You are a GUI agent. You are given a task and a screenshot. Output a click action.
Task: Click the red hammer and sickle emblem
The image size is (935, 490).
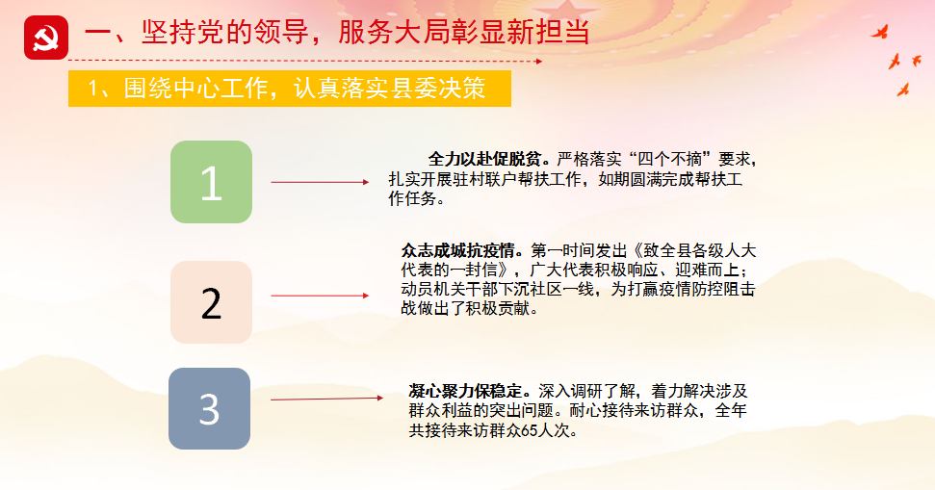[x=46, y=38]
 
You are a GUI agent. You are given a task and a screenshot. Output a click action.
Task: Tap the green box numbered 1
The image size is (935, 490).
[x=211, y=182]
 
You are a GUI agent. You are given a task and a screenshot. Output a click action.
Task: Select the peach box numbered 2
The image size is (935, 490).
[x=211, y=302]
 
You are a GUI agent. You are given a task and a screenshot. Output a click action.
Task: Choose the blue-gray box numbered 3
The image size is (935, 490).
[x=209, y=408]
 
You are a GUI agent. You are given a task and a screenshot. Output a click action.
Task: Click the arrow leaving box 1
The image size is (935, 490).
[x=321, y=182]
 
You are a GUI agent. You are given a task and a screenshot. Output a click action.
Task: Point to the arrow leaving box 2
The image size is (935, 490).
[x=321, y=296]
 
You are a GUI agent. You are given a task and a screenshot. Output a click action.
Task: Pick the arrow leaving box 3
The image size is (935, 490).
[x=326, y=399]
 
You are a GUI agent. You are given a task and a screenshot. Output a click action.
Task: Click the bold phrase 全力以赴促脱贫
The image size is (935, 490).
[x=484, y=159]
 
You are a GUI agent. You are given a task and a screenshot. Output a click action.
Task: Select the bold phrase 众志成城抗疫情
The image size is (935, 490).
[x=457, y=250]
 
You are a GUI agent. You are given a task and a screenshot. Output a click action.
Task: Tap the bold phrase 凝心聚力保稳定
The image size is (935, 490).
[x=465, y=391]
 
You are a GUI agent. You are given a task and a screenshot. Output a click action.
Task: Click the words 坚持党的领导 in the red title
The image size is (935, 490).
[x=224, y=32]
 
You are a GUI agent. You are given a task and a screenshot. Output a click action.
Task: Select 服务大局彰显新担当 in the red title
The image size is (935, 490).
[x=464, y=32]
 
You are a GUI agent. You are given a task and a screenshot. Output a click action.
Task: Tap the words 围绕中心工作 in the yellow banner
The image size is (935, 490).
[x=195, y=89]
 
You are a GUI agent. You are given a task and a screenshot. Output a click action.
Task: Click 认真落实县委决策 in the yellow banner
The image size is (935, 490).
[x=389, y=89]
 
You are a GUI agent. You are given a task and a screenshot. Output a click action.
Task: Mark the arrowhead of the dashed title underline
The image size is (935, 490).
[x=539, y=61]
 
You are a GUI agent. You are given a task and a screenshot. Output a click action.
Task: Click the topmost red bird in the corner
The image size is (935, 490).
[x=880, y=32]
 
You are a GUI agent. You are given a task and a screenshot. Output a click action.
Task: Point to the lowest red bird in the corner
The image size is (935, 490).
[x=903, y=90]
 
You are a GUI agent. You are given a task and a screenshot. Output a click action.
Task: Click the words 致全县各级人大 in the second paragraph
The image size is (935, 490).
[x=699, y=250]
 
